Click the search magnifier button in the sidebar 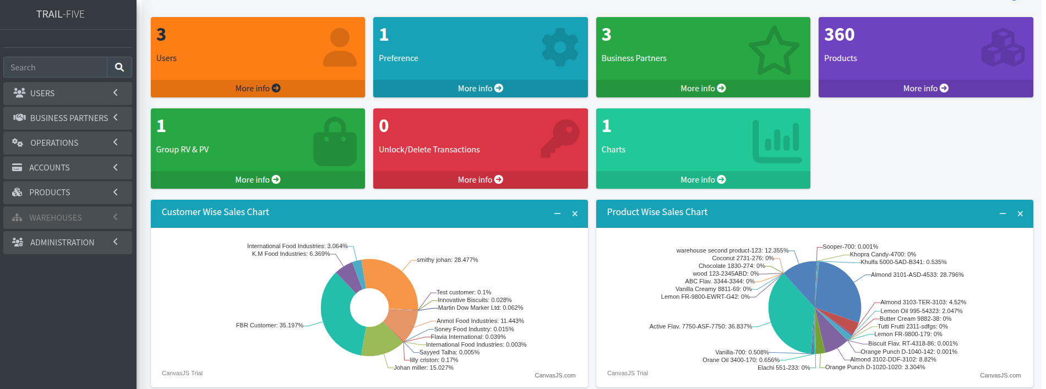119,67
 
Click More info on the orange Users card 258,89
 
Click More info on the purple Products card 925,89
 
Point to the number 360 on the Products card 839,35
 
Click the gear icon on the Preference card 560,47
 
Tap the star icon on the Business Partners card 774,50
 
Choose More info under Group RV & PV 258,180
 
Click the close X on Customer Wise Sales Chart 575,214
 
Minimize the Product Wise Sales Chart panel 1003,213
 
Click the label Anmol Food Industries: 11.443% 480,321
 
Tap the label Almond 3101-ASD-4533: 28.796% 917,275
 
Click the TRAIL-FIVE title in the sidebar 61,14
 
